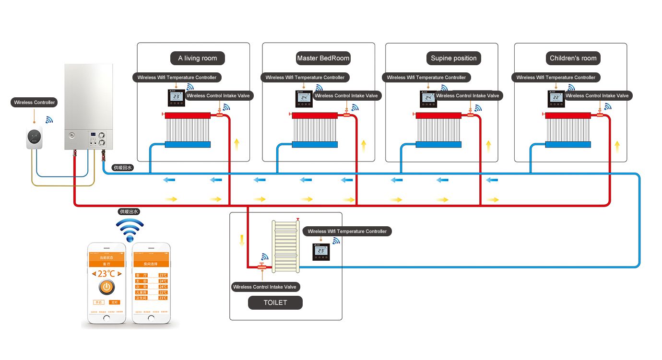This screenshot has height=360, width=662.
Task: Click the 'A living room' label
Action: [197, 58]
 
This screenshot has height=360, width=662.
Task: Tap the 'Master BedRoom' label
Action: [323, 58]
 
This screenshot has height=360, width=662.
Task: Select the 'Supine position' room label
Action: [453, 58]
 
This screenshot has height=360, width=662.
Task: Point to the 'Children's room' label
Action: [573, 58]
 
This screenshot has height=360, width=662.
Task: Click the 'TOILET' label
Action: [275, 302]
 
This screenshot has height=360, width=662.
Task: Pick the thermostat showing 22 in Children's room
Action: [556, 98]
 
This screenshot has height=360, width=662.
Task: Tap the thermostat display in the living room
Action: [176, 98]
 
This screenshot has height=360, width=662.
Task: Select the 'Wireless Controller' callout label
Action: [35, 103]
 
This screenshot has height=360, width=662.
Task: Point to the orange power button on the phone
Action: [106, 288]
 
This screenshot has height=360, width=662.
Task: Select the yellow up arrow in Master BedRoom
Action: [363, 144]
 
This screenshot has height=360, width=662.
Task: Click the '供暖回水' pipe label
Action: [122, 168]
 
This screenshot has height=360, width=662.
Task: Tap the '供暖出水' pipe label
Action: [129, 211]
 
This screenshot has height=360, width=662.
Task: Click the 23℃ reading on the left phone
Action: [106, 273]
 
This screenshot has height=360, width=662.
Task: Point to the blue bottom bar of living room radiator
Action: [188, 144]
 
